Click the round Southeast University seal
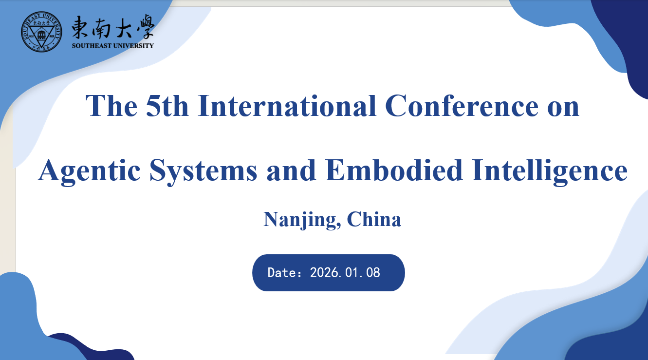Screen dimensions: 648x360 41,32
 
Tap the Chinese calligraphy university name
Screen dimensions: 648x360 113,26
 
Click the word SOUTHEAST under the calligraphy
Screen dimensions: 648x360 92,46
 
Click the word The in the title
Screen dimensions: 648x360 111,106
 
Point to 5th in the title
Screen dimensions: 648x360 167,106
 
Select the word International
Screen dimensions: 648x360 287,106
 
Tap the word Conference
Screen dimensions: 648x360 462,106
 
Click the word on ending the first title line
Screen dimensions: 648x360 563,109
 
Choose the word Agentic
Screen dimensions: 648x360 89,171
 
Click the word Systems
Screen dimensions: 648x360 203,171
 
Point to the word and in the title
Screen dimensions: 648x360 291,171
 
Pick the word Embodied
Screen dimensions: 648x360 393,170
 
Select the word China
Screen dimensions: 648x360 374,219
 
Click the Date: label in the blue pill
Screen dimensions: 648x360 285,273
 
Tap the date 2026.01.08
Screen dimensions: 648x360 345,273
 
